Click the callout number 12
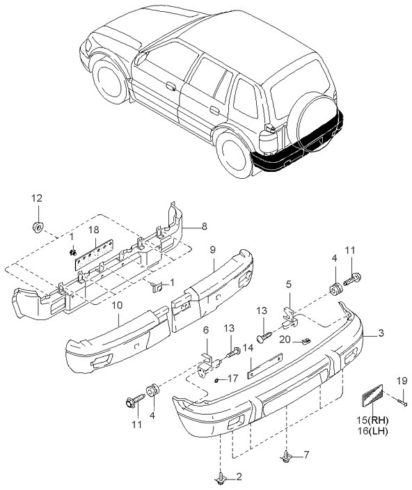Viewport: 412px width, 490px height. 37,198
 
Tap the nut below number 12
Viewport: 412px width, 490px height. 38,226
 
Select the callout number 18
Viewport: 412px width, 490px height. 93,230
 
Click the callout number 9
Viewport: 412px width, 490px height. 212,248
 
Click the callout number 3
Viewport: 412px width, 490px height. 381,333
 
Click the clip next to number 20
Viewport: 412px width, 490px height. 304,341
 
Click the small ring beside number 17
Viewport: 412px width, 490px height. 218,380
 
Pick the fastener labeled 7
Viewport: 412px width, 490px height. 286,457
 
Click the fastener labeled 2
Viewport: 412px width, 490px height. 221,477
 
